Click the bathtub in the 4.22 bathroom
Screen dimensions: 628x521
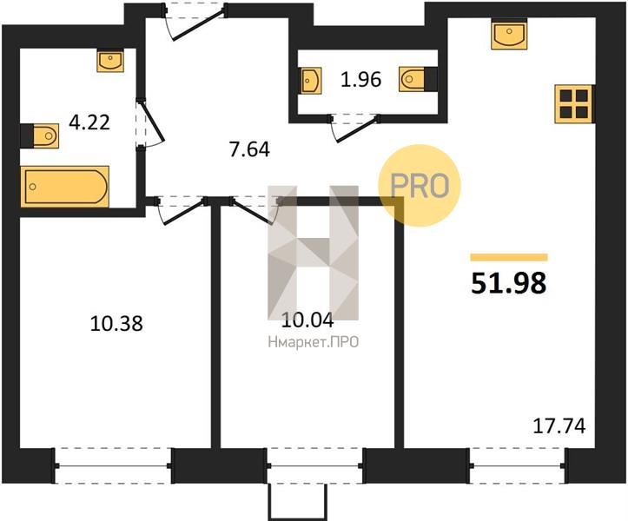click(64, 187)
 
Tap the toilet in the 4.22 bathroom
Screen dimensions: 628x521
click(40, 135)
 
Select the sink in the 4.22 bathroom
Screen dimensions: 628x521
click(110, 61)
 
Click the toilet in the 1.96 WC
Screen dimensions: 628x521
click(418, 79)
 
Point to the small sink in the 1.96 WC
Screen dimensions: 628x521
click(311, 81)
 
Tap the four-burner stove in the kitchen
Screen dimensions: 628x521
click(573, 103)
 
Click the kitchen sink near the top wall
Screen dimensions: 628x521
click(509, 34)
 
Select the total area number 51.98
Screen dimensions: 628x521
click(509, 283)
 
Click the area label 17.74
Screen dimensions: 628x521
click(559, 426)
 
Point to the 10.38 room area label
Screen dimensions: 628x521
click(116, 323)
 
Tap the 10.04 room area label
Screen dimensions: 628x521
click(307, 320)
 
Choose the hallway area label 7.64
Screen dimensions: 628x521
click(249, 149)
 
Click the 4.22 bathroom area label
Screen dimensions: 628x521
click(89, 122)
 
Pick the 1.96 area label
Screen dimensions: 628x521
click(360, 79)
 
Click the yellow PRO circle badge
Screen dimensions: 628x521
click(420, 186)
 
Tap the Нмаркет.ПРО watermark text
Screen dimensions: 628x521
click(314, 342)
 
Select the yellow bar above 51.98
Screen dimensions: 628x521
click(509, 257)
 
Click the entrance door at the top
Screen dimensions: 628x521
click(195, 20)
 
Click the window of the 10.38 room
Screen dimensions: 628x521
click(113, 465)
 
